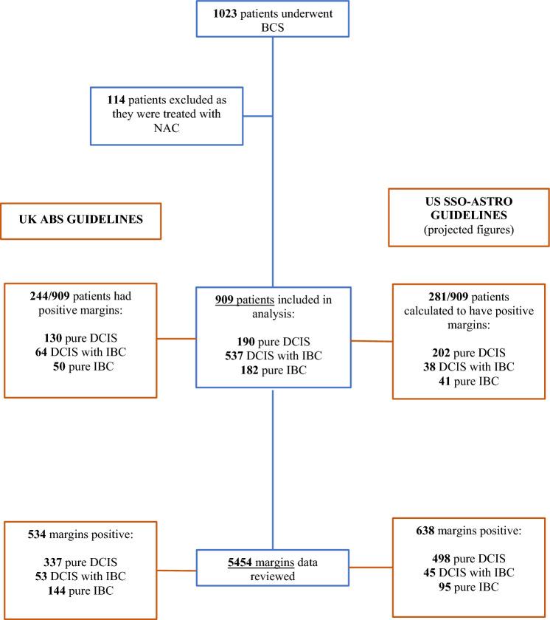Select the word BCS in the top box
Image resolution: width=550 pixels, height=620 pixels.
tap(274, 27)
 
